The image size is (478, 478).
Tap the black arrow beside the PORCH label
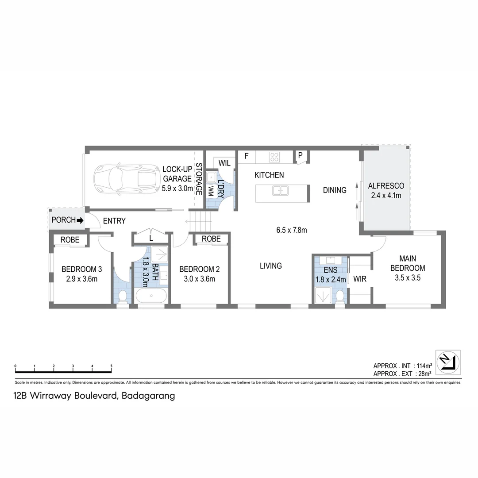click(80, 220)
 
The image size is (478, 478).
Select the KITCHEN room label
click(269, 175)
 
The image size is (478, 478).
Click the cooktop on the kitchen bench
click(274, 156)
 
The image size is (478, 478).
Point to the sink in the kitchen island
click(280, 191)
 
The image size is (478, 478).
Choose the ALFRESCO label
click(386, 186)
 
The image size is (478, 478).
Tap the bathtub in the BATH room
click(151, 296)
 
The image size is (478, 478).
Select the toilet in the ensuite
click(340, 295)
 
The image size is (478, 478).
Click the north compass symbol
click(448, 361)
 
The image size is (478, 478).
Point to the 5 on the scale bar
click(112, 366)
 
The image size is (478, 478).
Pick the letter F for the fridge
click(247, 156)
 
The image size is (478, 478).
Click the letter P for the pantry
click(300, 155)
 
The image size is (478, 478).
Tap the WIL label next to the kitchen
click(224, 163)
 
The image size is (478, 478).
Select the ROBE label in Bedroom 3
click(70, 240)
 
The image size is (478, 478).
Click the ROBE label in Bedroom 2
click(211, 239)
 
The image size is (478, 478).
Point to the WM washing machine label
click(211, 191)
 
